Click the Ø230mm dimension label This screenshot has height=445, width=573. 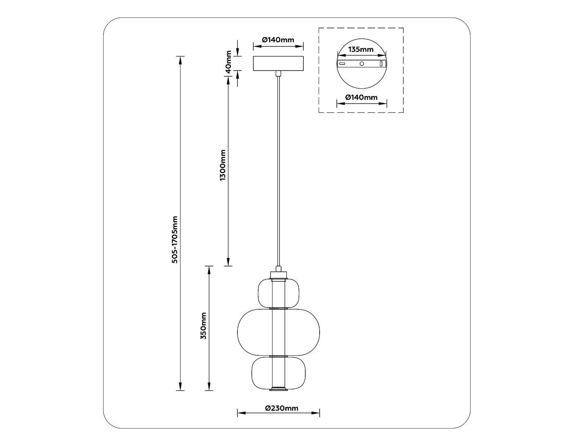(x=282, y=408)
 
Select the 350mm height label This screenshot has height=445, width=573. (x=203, y=326)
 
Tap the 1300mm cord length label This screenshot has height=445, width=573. (x=223, y=165)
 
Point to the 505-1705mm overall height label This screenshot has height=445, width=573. (x=175, y=239)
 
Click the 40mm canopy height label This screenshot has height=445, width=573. (x=229, y=61)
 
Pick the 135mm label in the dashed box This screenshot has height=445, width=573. (x=361, y=49)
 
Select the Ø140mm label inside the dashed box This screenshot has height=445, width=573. (x=361, y=97)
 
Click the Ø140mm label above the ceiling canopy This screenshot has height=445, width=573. (x=278, y=40)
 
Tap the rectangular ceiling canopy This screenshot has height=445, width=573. (x=278, y=63)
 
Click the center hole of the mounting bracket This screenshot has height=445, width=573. (x=361, y=64)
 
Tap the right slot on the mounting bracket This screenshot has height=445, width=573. (x=381, y=64)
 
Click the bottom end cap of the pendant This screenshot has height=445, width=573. (x=278, y=389)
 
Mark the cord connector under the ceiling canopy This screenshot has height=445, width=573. (x=278, y=73)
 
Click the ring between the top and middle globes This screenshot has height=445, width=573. (x=278, y=308)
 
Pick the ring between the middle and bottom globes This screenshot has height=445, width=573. (x=278, y=356)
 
